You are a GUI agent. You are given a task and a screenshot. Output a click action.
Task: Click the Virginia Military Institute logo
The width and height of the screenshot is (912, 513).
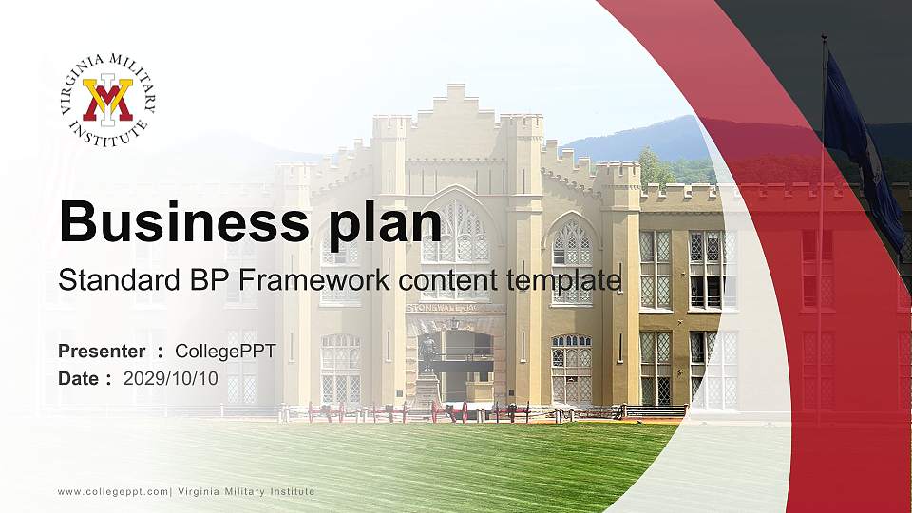107,100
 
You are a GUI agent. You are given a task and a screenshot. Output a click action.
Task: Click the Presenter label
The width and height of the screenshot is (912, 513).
102,351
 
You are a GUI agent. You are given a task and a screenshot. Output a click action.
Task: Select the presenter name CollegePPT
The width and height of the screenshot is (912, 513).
226,351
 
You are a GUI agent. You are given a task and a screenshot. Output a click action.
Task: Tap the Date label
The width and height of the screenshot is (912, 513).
80,378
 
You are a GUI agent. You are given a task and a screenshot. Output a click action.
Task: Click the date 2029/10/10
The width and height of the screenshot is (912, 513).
171,378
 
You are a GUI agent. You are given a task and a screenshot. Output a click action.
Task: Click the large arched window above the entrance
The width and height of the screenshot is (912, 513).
454,233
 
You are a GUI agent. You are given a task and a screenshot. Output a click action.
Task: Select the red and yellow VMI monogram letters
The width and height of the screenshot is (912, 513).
107,99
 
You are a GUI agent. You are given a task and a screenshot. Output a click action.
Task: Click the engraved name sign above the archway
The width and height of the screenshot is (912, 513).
454,308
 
